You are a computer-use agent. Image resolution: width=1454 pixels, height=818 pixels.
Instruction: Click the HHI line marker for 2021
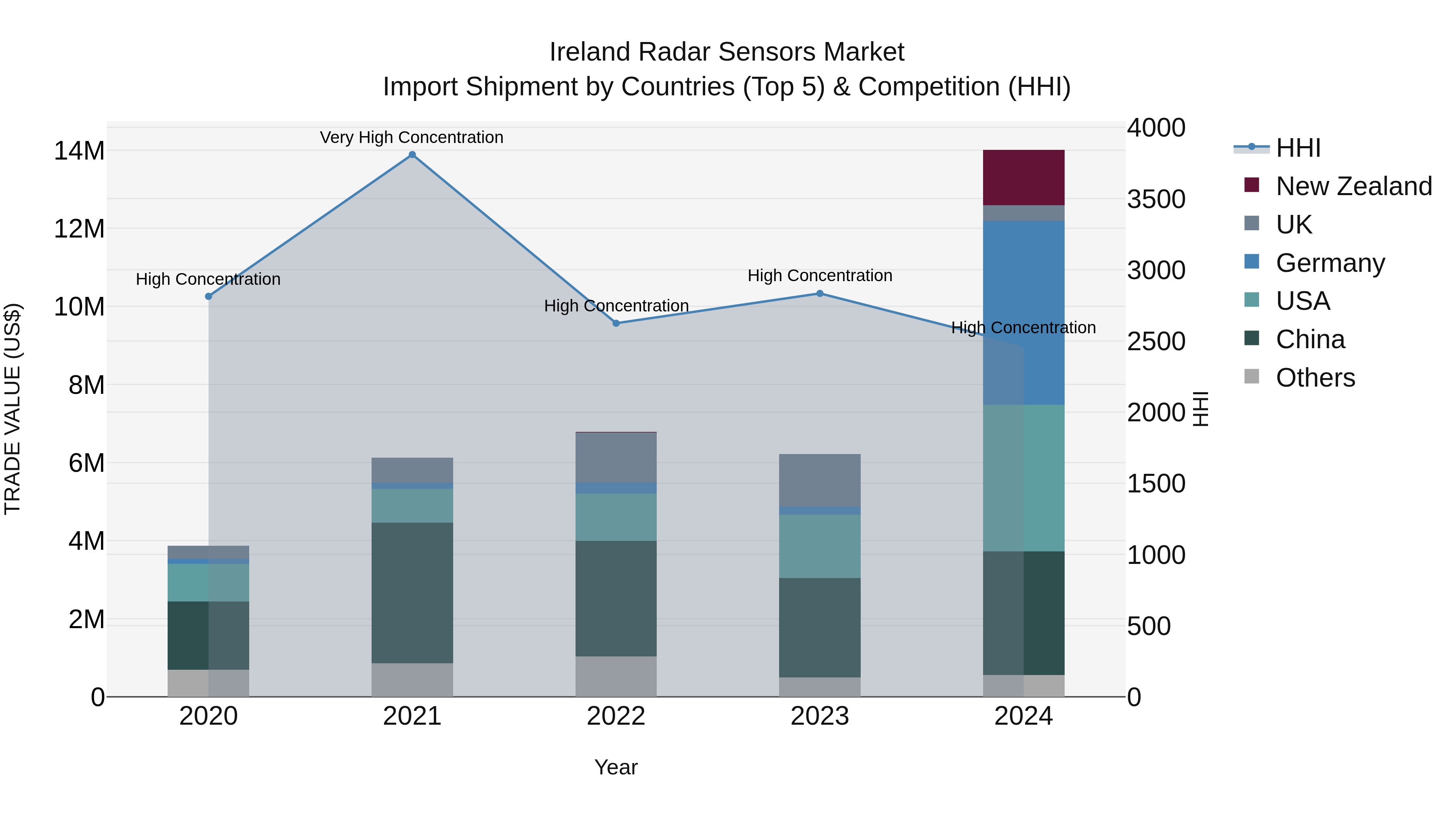click(412, 155)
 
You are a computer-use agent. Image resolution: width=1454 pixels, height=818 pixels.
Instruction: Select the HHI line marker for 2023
click(819, 294)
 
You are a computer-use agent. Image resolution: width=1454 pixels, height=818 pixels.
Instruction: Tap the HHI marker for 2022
click(616, 324)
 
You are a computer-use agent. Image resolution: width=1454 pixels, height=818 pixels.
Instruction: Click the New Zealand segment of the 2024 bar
click(1023, 178)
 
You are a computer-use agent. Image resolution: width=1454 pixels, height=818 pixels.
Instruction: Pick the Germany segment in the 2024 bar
click(1023, 313)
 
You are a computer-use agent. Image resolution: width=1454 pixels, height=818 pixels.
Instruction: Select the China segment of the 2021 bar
click(412, 593)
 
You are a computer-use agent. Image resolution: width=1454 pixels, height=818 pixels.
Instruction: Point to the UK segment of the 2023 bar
click(819, 480)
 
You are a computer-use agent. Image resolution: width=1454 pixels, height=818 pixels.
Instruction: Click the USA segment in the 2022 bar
click(616, 517)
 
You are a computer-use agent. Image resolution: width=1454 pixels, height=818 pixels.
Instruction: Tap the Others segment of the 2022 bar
click(616, 676)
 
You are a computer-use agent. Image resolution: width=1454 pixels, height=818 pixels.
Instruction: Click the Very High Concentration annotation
click(412, 137)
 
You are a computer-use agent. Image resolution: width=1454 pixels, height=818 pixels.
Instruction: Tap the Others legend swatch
click(1251, 376)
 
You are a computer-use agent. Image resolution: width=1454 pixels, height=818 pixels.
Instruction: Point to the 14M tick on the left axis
click(79, 151)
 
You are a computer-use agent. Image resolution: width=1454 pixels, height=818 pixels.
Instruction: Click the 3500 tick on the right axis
click(1156, 199)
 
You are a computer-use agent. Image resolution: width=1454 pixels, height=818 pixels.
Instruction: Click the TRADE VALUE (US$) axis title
click(13, 409)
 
